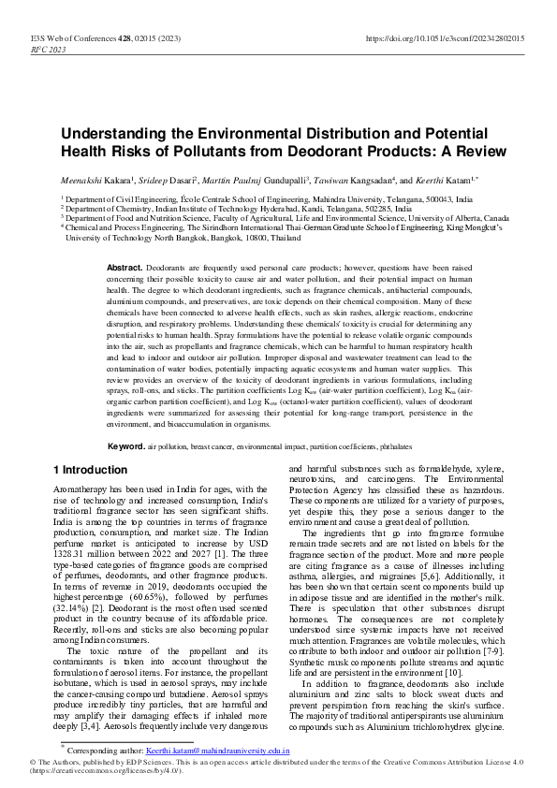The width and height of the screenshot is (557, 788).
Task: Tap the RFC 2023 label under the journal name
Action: (49, 50)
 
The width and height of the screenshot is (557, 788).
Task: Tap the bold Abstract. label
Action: (125, 268)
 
